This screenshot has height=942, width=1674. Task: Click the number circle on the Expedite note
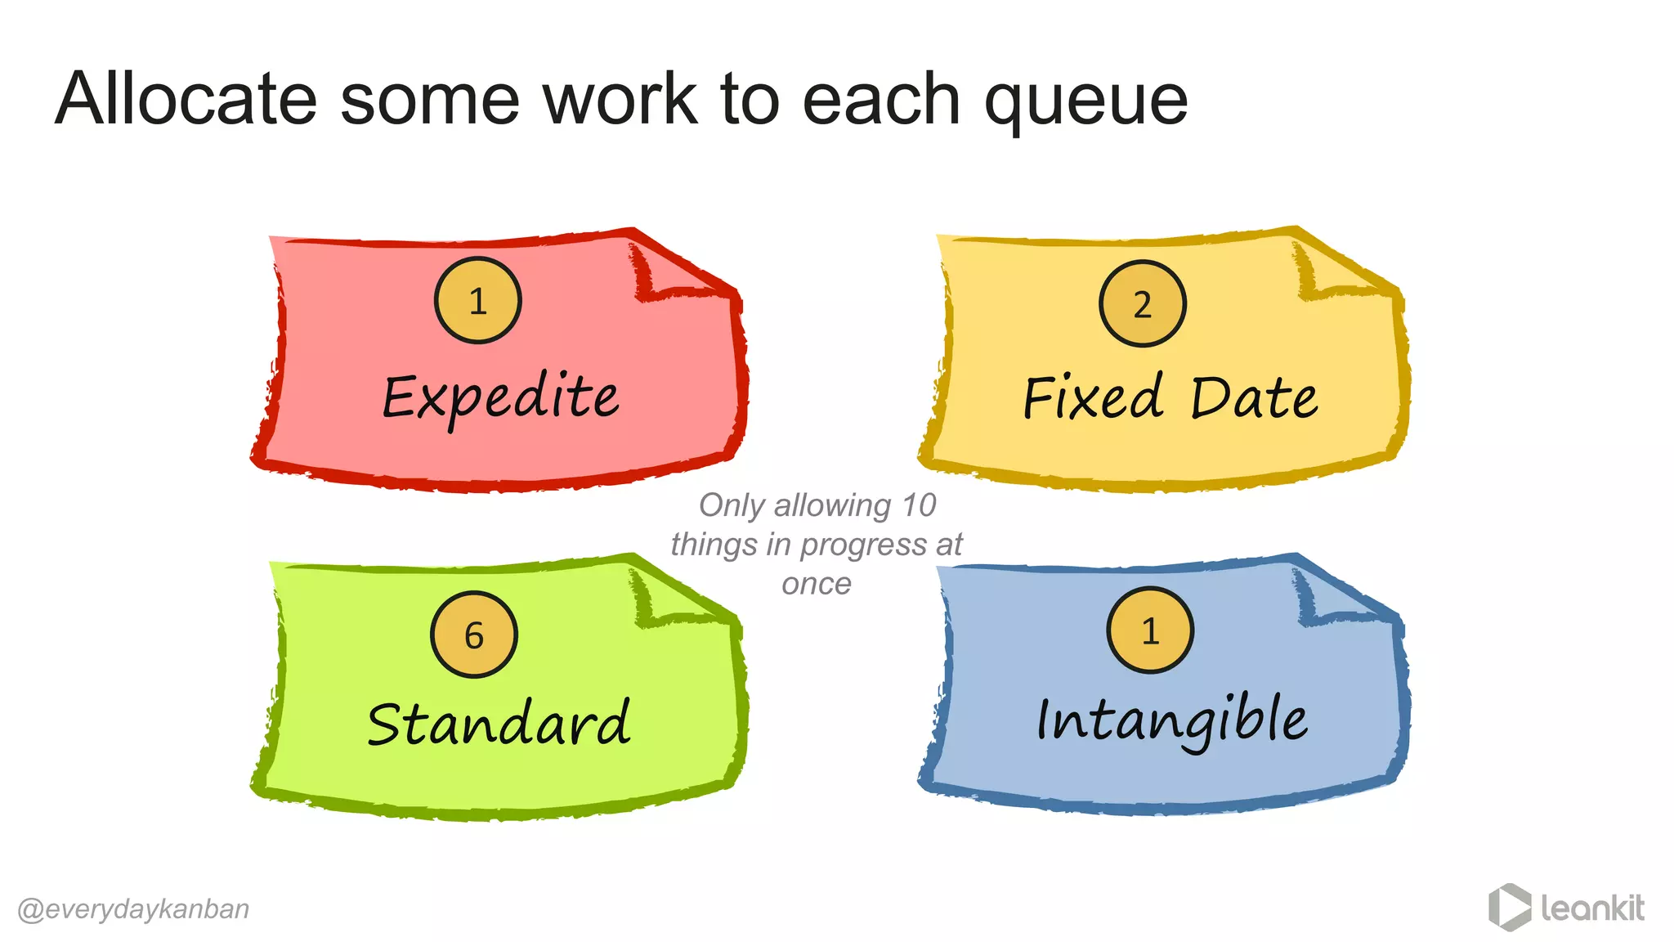coord(477,300)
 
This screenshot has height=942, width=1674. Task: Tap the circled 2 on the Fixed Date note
coord(1142,303)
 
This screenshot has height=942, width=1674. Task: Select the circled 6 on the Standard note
coord(474,635)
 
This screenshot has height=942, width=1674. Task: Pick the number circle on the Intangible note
coord(1150,630)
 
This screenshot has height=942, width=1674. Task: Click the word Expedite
coord(500,398)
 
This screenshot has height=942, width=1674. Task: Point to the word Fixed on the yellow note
coord(1093,398)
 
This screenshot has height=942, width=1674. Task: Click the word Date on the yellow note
coord(1253,398)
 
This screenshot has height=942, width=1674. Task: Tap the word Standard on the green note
coord(499,724)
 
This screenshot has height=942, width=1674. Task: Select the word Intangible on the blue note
coord(1171,720)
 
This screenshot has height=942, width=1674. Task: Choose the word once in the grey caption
coord(816,584)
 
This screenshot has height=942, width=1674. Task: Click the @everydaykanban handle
coord(133,908)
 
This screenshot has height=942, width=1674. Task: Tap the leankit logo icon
coord(1509,907)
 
